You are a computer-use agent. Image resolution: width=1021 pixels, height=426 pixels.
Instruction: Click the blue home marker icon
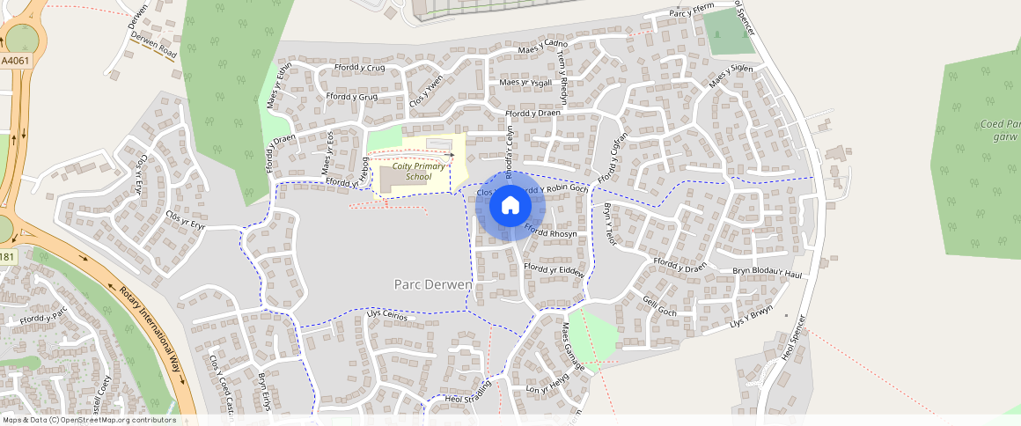tap(510, 206)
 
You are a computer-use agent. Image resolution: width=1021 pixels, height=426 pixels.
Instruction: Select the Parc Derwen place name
tap(431, 284)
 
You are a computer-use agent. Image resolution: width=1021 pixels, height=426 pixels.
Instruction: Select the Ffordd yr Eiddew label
tap(554, 270)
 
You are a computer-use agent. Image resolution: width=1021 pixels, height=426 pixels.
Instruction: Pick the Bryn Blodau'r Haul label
tap(768, 274)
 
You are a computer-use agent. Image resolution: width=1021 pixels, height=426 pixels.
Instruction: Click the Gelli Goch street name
tap(660, 306)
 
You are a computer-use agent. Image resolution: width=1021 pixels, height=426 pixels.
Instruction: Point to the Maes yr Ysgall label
tap(525, 83)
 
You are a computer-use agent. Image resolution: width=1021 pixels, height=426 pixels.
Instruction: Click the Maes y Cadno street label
tap(543, 48)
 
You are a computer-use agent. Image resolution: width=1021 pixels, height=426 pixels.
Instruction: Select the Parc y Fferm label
tap(691, 12)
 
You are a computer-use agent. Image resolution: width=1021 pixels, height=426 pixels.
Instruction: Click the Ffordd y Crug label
tap(359, 68)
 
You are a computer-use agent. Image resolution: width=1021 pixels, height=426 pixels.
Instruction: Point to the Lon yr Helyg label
tap(547, 383)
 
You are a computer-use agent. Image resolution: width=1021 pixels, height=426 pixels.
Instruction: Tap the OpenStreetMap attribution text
tap(88, 420)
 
